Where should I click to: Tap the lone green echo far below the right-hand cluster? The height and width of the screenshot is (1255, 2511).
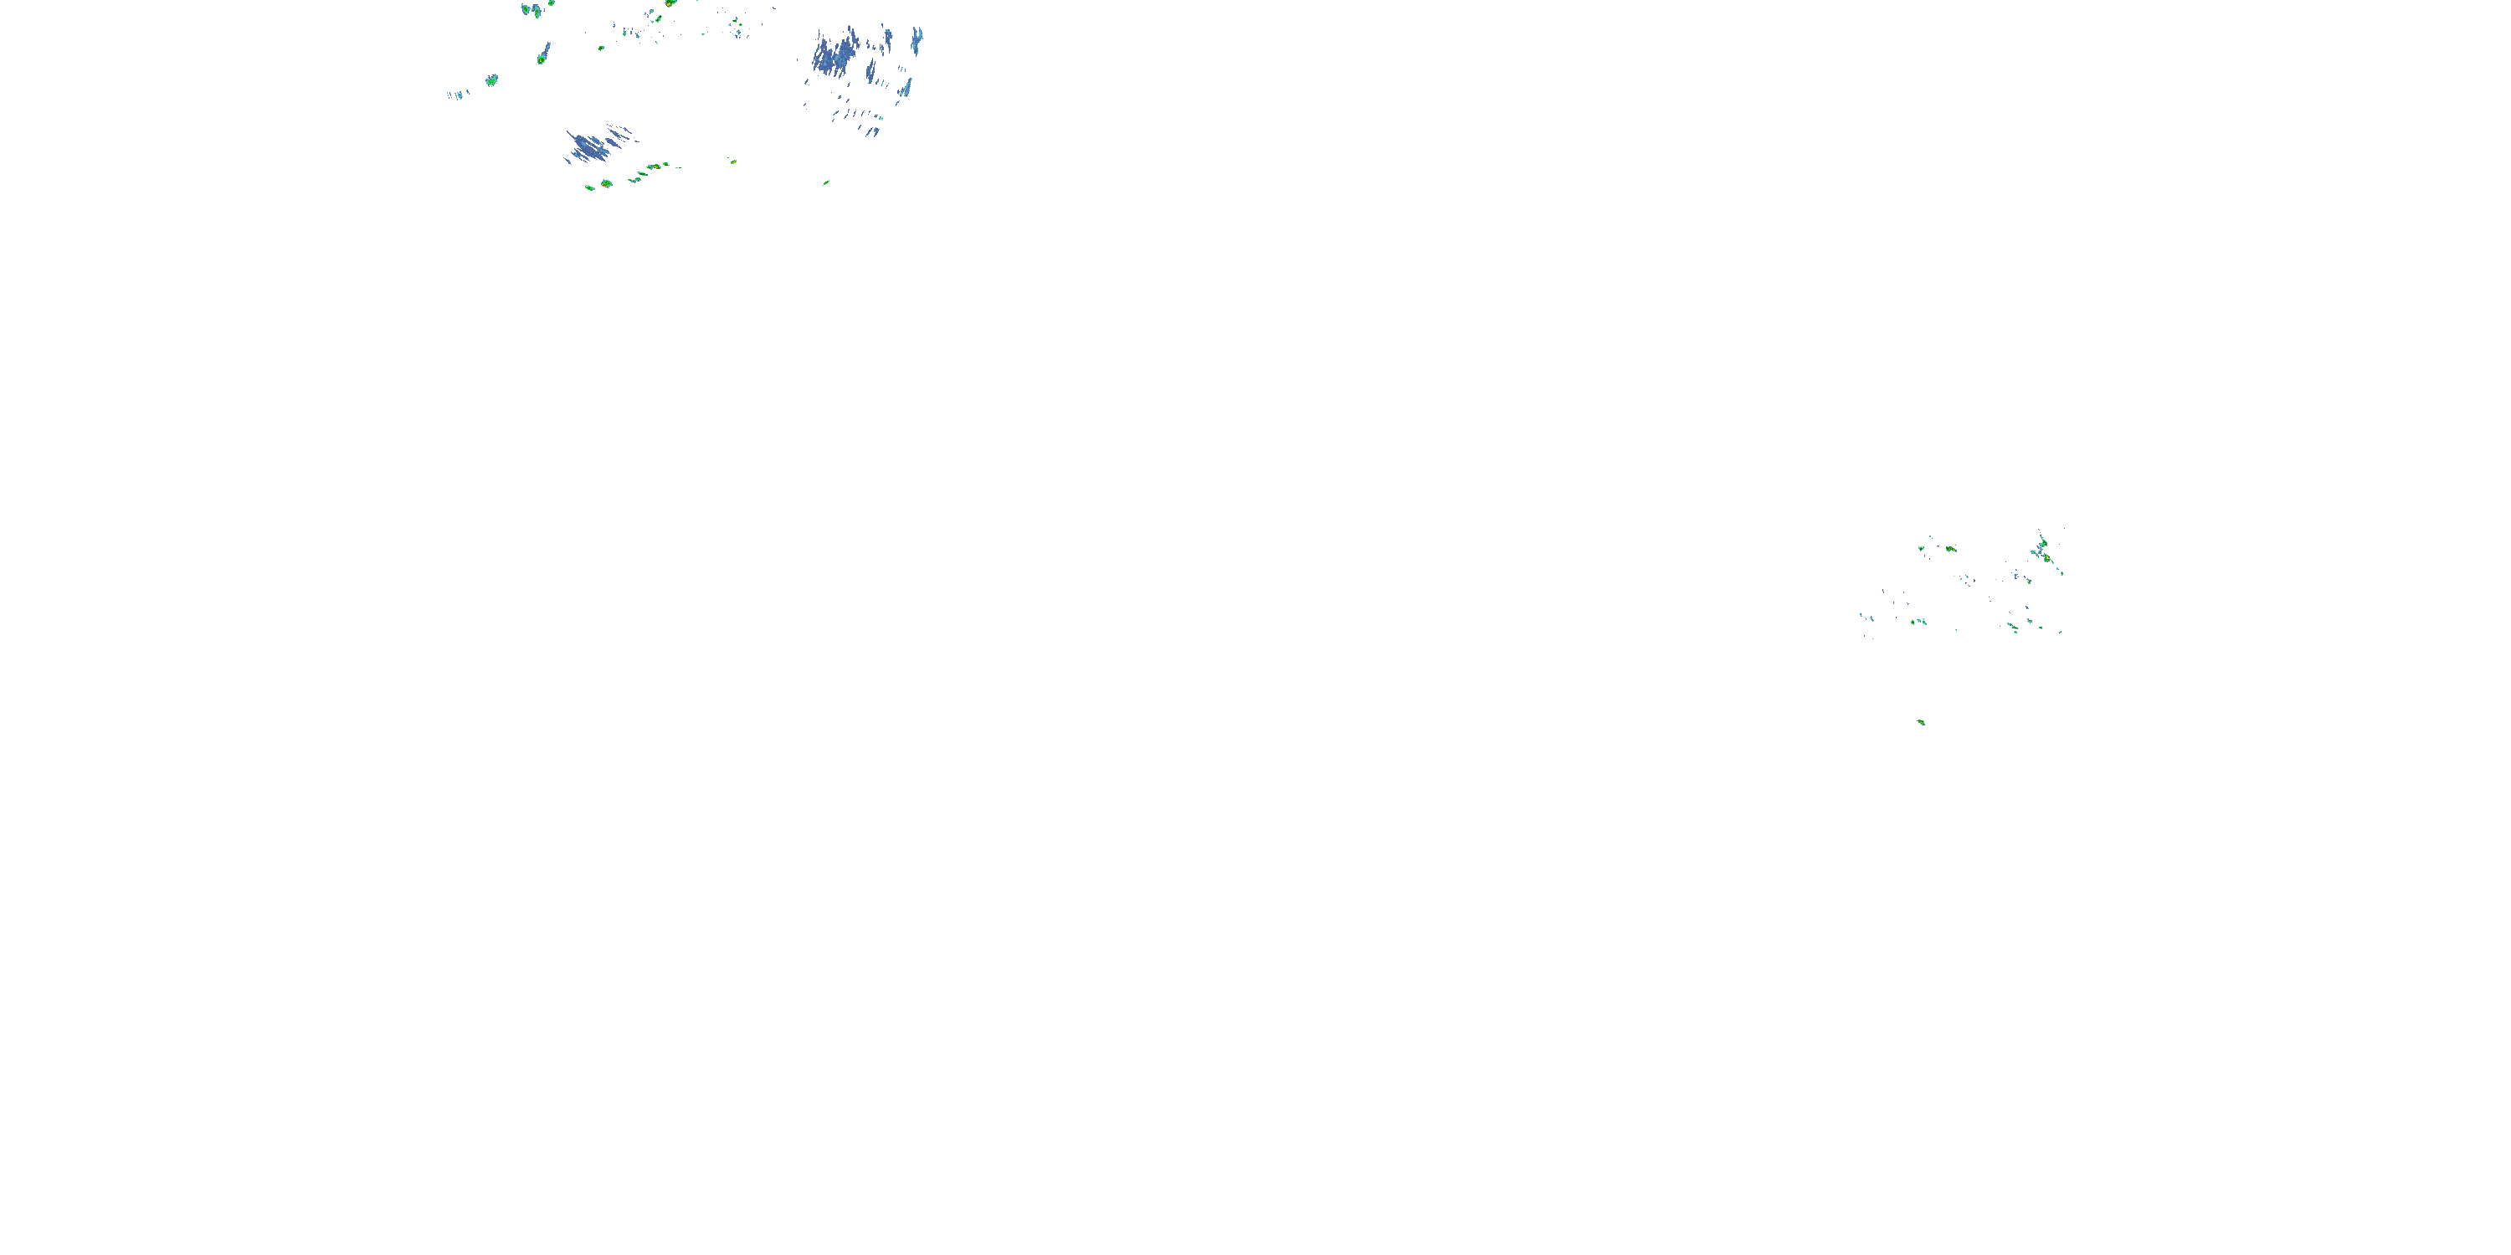pyautogui.click(x=1921, y=722)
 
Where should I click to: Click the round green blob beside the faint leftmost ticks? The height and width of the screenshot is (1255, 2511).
pyautogui.click(x=492, y=79)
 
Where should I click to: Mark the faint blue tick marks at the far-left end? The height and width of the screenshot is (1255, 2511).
pyautogui.click(x=457, y=95)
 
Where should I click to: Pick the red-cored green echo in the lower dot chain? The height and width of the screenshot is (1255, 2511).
pyautogui.click(x=606, y=183)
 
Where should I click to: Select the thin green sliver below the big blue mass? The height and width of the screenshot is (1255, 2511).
pyautogui.click(x=825, y=182)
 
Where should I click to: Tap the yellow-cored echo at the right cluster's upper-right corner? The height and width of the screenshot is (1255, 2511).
pyautogui.click(x=2047, y=557)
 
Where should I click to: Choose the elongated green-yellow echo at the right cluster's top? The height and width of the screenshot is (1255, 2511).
pyautogui.click(x=1950, y=549)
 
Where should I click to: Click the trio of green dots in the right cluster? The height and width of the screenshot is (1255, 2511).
pyautogui.click(x=1918, y=621)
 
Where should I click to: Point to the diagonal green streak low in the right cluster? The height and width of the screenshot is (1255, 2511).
pyautogui.click(x=2012, y=627)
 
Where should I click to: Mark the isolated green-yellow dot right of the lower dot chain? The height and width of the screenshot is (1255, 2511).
pyautogui.click(x=732, y=161)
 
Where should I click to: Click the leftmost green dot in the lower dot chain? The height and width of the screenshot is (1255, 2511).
pyautogui.click(x=588, y=186)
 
